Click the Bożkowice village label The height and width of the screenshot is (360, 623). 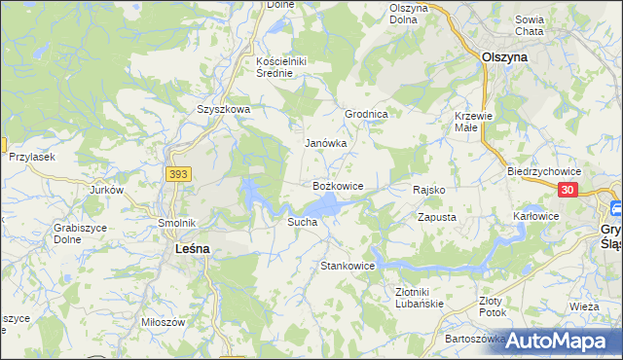point(338,185)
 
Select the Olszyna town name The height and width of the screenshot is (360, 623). point(505,57)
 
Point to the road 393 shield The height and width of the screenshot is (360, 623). point(177,174)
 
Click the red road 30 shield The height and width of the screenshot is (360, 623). point(569,191)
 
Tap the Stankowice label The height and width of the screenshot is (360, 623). point(348,265)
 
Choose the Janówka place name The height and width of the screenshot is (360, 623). point(325,143)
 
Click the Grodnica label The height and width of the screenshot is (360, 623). point(367,114)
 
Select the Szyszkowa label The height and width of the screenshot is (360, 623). point(224,110)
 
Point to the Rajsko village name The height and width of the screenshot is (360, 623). point(429,190)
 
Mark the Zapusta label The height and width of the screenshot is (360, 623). point(437,217)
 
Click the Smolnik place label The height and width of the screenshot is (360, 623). point(177,222)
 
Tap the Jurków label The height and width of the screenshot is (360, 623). point(106,190)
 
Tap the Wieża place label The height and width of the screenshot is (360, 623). point(584,306)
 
